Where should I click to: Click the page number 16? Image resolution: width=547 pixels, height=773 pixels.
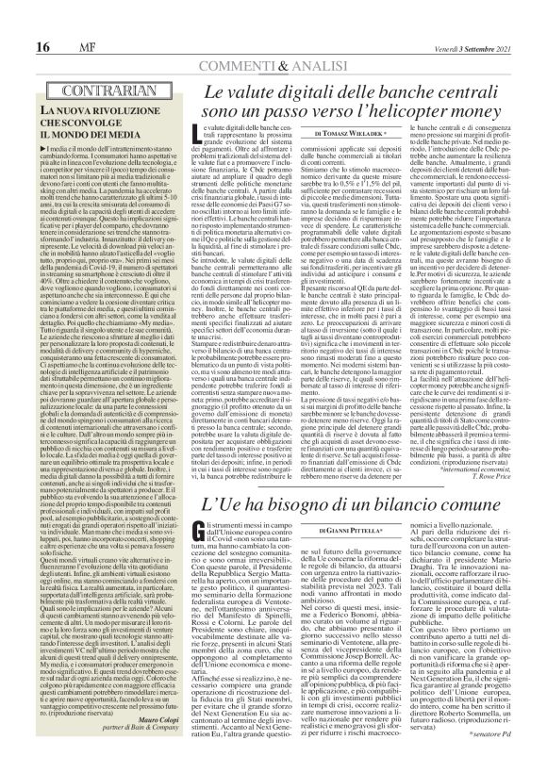18,22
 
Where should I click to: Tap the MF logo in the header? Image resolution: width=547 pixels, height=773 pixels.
43,22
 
